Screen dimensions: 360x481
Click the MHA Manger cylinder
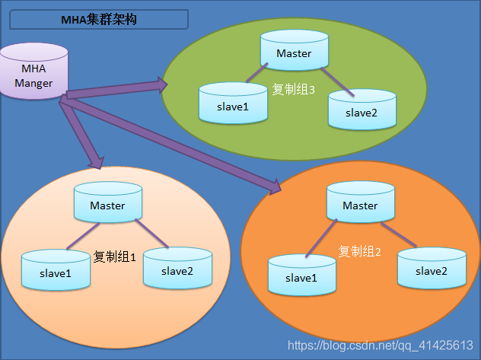[x=33, y=73]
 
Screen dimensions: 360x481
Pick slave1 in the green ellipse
[x=233, y=104]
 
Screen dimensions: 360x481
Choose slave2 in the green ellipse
[x=362, y=110]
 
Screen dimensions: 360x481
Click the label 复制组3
[x=294, y=89]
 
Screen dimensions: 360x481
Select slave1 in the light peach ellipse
[x=54, y=270]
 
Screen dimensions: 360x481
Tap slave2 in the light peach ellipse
[x=177, y=268]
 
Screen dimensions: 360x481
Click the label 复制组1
[x=114, y=257]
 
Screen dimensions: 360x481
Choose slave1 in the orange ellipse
[x=301, y=276]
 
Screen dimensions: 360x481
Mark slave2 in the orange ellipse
[x=431, y=268]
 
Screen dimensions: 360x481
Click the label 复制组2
[x=359, y=251]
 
